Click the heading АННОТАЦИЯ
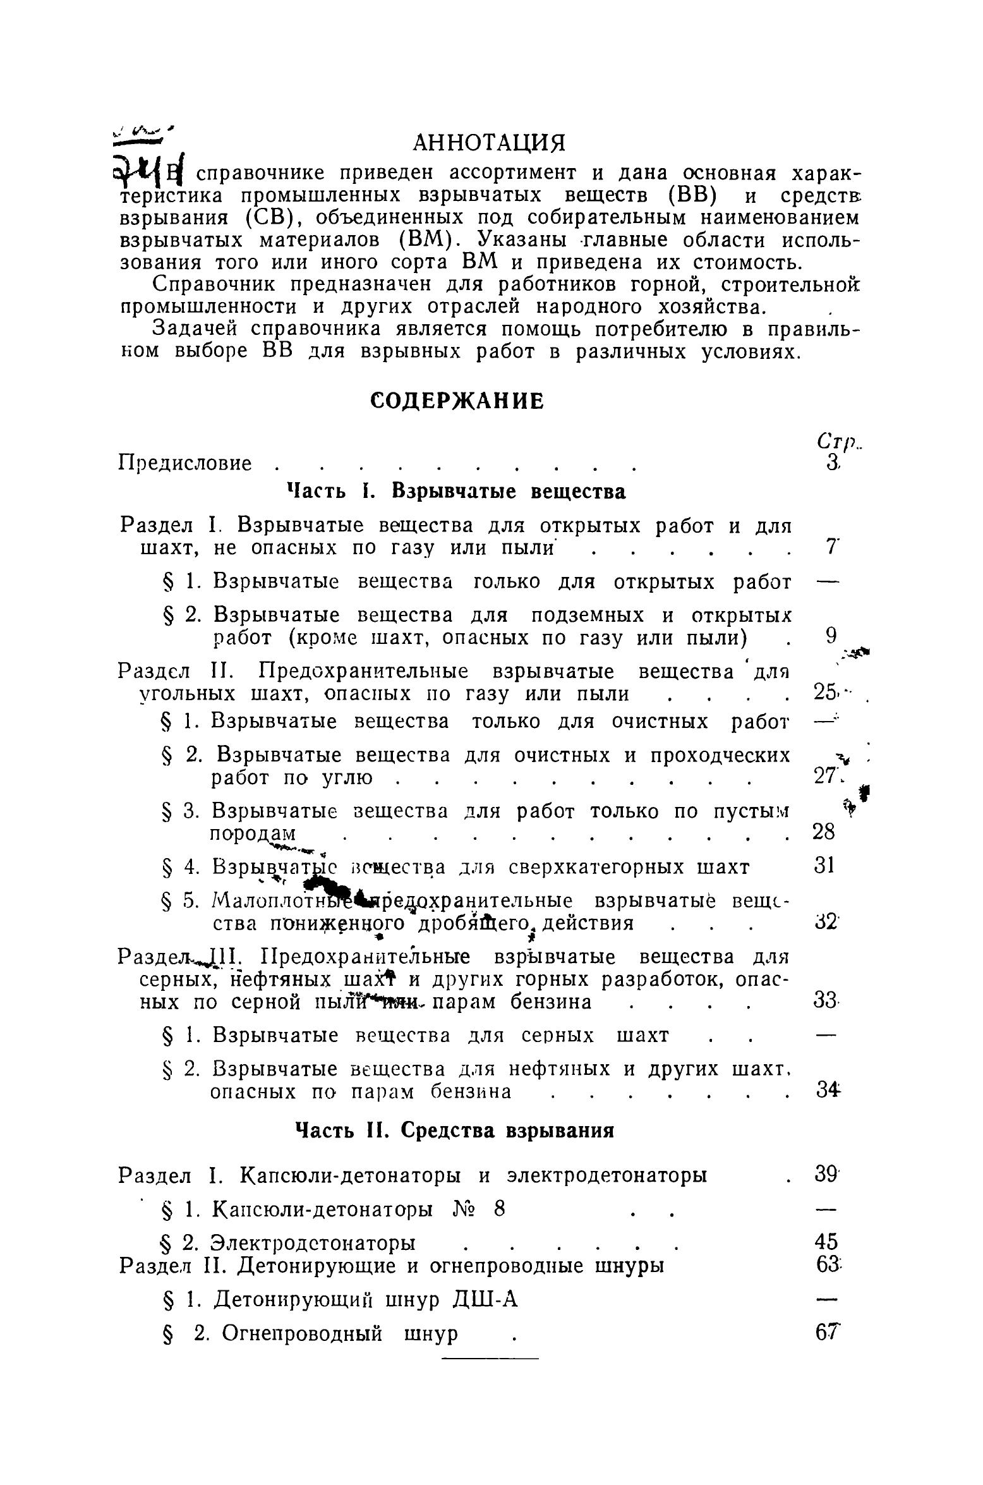(488, 143)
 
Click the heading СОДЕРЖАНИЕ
(456, 401)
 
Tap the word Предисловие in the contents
(185, 464)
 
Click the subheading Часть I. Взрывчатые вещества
(456, 492)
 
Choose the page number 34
(824, 1091)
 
